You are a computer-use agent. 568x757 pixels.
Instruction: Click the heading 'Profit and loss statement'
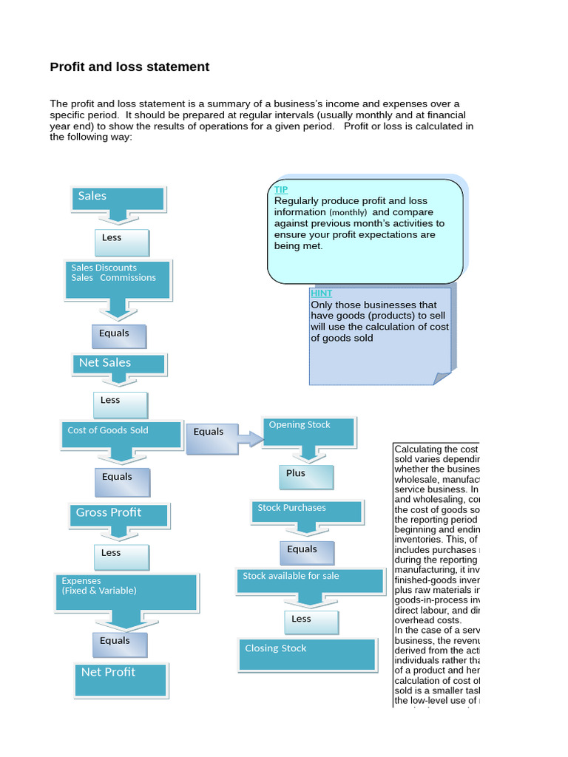[129, 67]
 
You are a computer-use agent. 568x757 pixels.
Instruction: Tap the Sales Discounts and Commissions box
[118, 279]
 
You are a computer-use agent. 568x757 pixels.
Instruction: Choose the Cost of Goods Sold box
[121, 433]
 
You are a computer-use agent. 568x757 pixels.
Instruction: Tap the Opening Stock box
[309, 430]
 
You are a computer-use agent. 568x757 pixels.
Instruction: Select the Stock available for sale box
[311, 580]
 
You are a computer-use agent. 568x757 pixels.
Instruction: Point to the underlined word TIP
[281, 190]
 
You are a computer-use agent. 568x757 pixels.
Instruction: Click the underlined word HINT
[321, 293]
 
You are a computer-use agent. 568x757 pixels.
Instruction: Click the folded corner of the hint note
[443, 378]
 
